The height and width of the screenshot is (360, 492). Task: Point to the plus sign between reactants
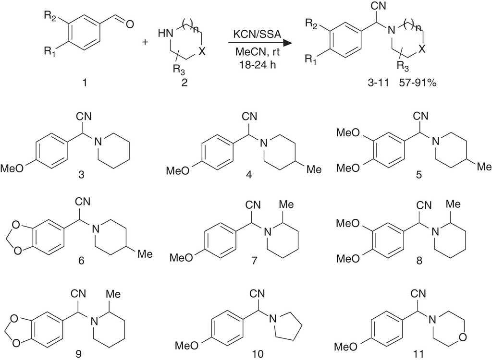coord(145,42)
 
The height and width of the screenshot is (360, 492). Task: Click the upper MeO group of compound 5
coord(349,131)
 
